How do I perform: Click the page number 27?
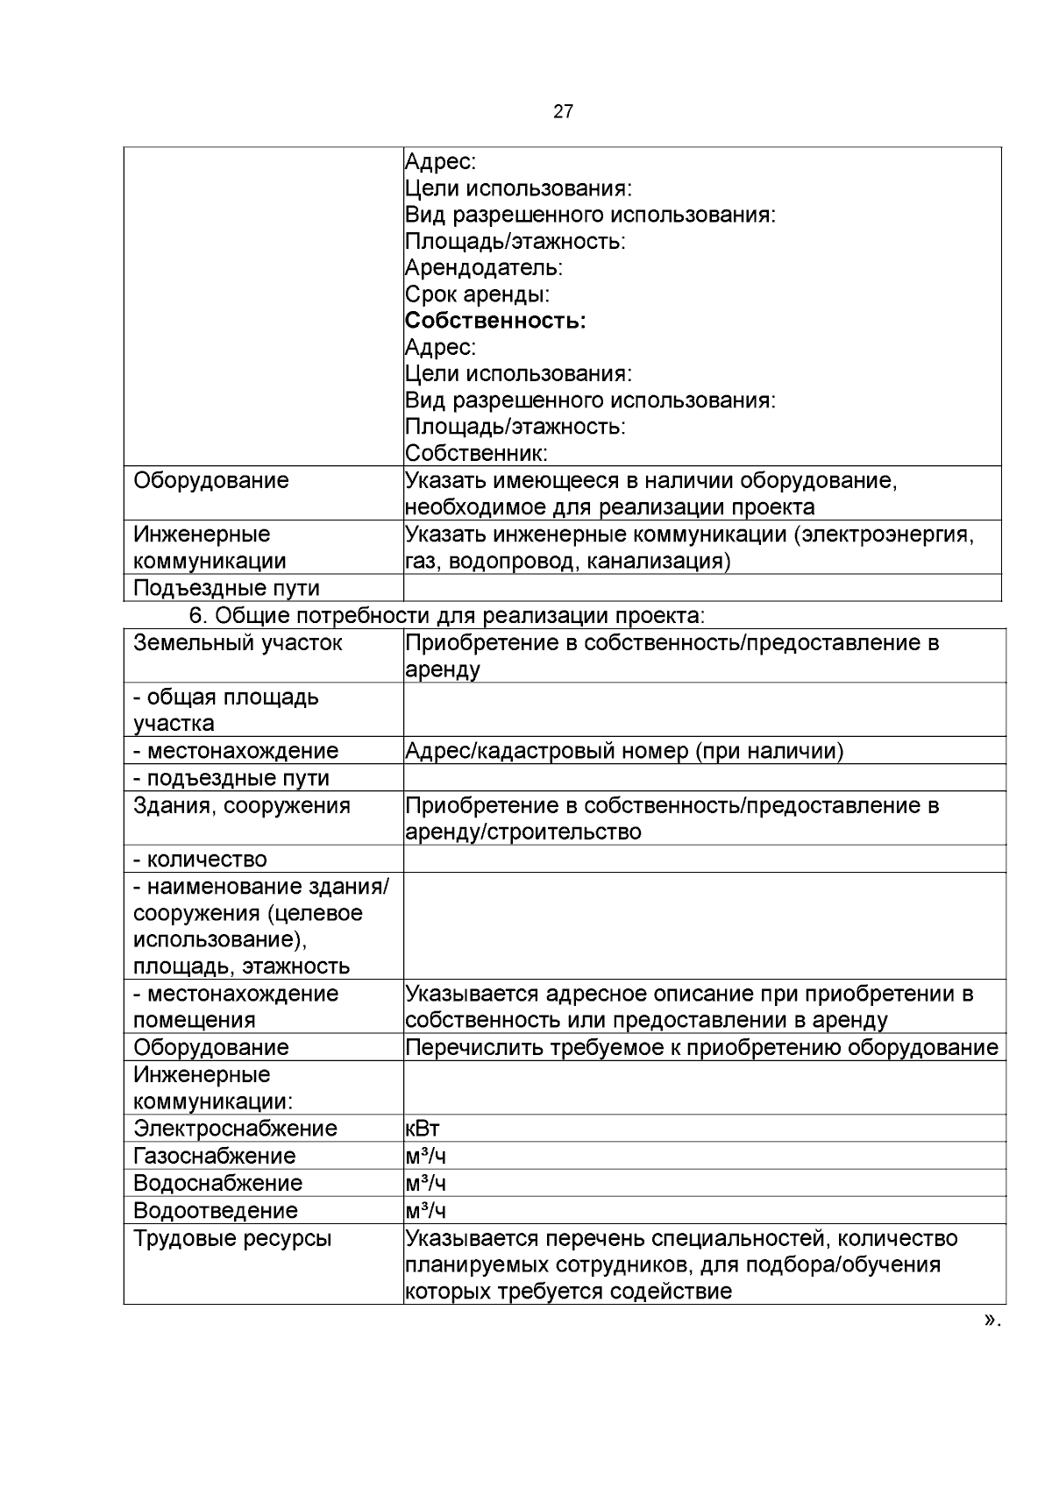(x=564, y=111)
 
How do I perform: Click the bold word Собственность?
(x=495, y=321)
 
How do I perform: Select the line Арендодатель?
(x=484, y=267)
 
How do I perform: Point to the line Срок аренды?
(x=477, y=294)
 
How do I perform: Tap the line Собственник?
(x=476, y=453)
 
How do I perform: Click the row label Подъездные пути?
(x=226, y=588)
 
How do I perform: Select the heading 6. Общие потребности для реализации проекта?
(x=447, y=616)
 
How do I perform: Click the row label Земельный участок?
(x=238, y=643)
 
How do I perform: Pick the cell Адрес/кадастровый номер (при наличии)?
(x=624, y=751)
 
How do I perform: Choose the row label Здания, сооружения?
(x=241, y=805)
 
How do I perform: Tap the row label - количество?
(x=200, y=860)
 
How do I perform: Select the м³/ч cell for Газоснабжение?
(x=425, y=1156)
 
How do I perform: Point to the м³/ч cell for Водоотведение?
(x=425, y=1210)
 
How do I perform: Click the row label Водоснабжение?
(x=217, y=1183)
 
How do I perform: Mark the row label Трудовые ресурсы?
(x=232, y=1239)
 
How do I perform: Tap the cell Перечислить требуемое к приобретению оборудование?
(x=701, y=1048)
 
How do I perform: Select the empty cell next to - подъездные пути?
(x=704, y=778)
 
